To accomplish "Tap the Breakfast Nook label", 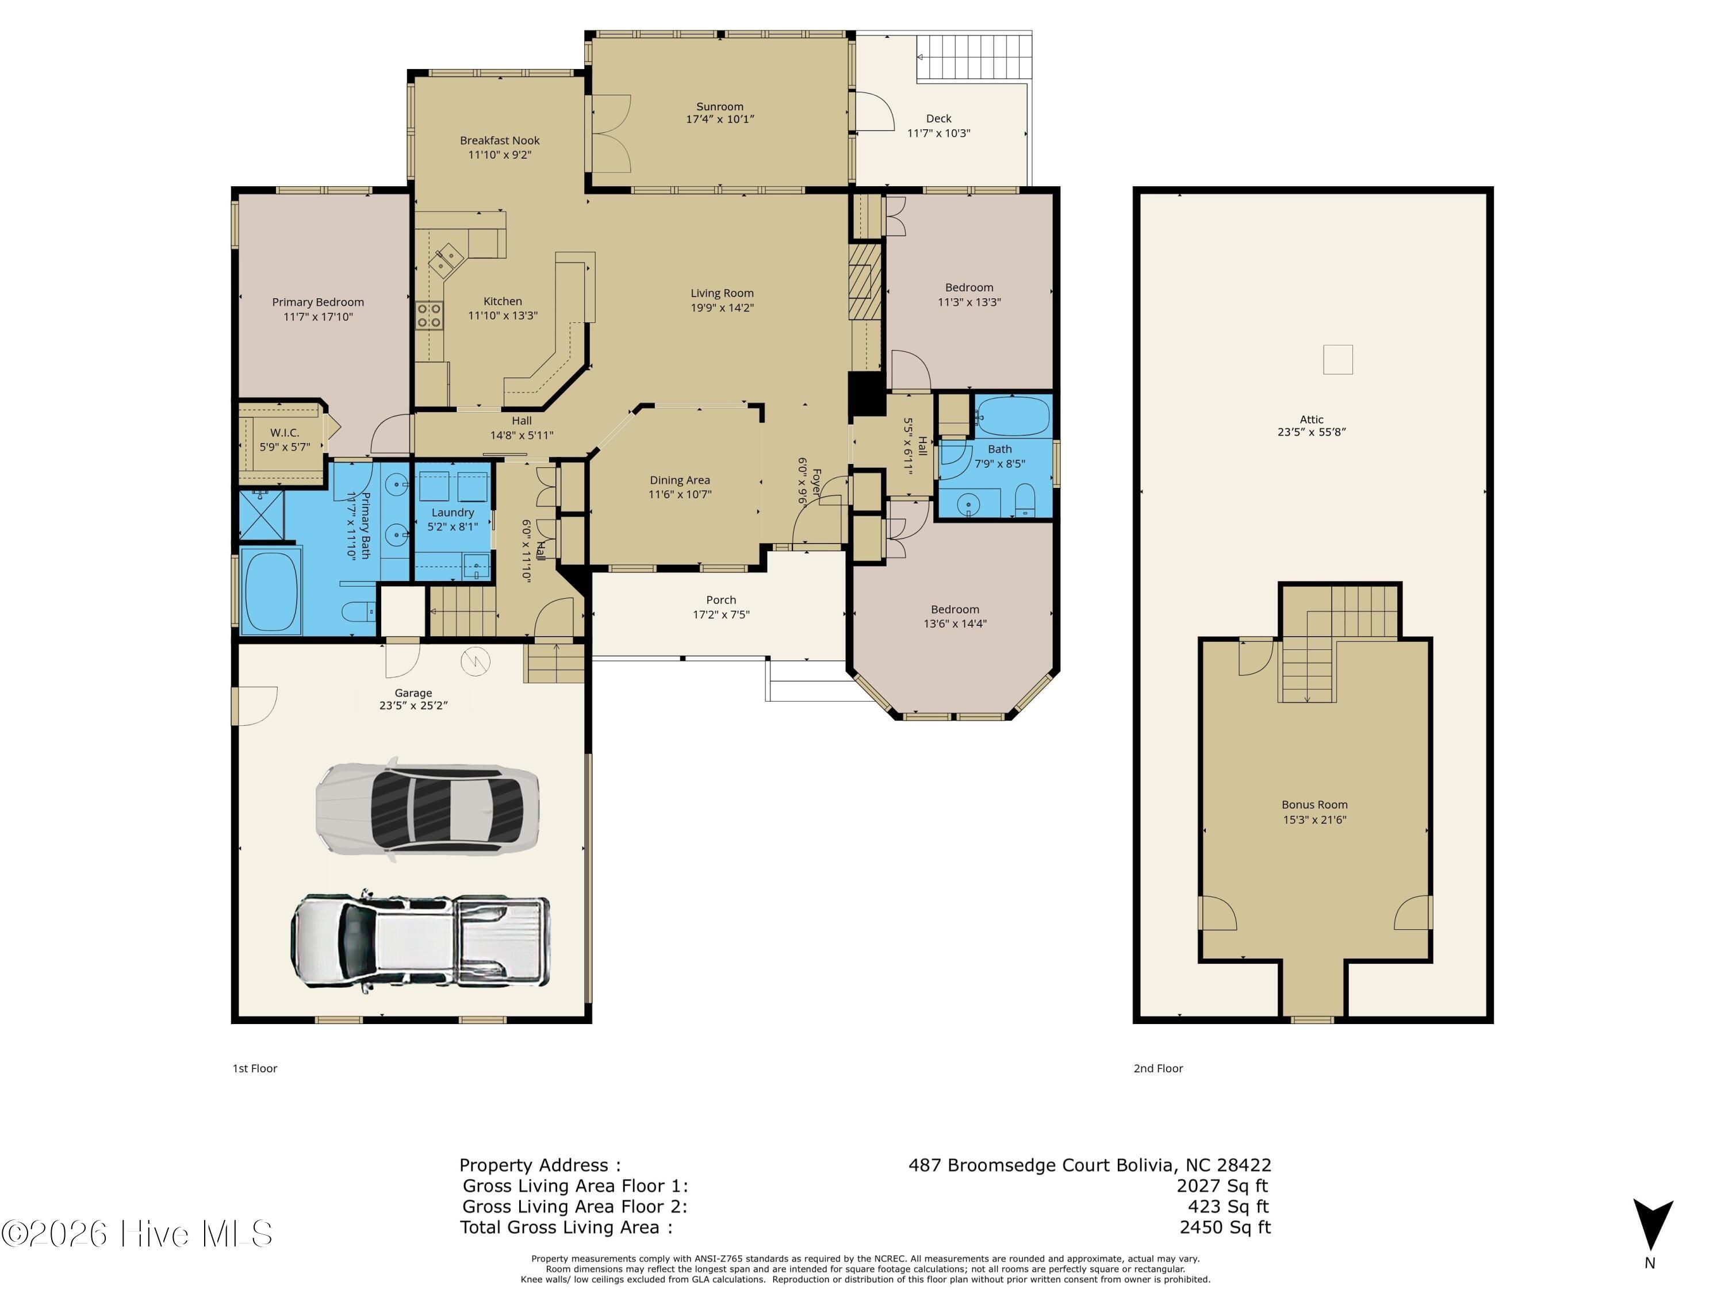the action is [499, 140].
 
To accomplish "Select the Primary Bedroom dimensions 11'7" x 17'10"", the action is [318, 317].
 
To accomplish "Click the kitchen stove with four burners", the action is [429, 315].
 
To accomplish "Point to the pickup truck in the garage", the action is [420, 943].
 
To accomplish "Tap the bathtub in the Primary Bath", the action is [271, 591].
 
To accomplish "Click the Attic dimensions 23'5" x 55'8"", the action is [1312, 432].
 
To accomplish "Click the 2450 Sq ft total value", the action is [1225, 1227].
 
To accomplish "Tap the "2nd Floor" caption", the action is [1158, 1068].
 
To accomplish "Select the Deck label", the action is [938, 118].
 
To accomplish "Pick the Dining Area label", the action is [680, 480].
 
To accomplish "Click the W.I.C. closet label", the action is [285, 433].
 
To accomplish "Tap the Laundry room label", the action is [453, 513].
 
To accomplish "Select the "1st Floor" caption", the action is [255, 1068].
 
